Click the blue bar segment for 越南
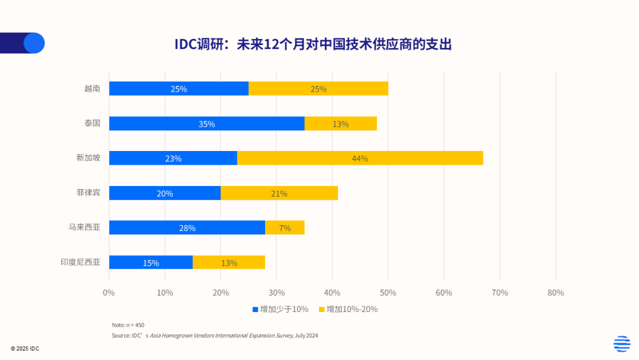coord(179,89)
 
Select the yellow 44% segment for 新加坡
coord(360,158)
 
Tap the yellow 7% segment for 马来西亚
coord(285,227)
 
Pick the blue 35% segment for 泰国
coord(206,124)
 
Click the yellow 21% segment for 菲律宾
coord(279,193)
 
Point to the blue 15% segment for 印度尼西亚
coord(151,262)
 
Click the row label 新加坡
coord(88,158)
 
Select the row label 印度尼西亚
coord(80,262)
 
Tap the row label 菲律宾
coord(88,193)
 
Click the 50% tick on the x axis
coord(388,292)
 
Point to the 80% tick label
coord(556,292)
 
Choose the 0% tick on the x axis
coord(109,292)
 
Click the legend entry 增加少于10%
coord(280,309)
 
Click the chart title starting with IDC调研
coord(313,44)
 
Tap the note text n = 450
coord(128,325)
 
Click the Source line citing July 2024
coord(215,335)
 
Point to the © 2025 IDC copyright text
coord(25,349)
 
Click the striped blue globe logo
coord(621,343)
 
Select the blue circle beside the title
coord(34,43)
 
